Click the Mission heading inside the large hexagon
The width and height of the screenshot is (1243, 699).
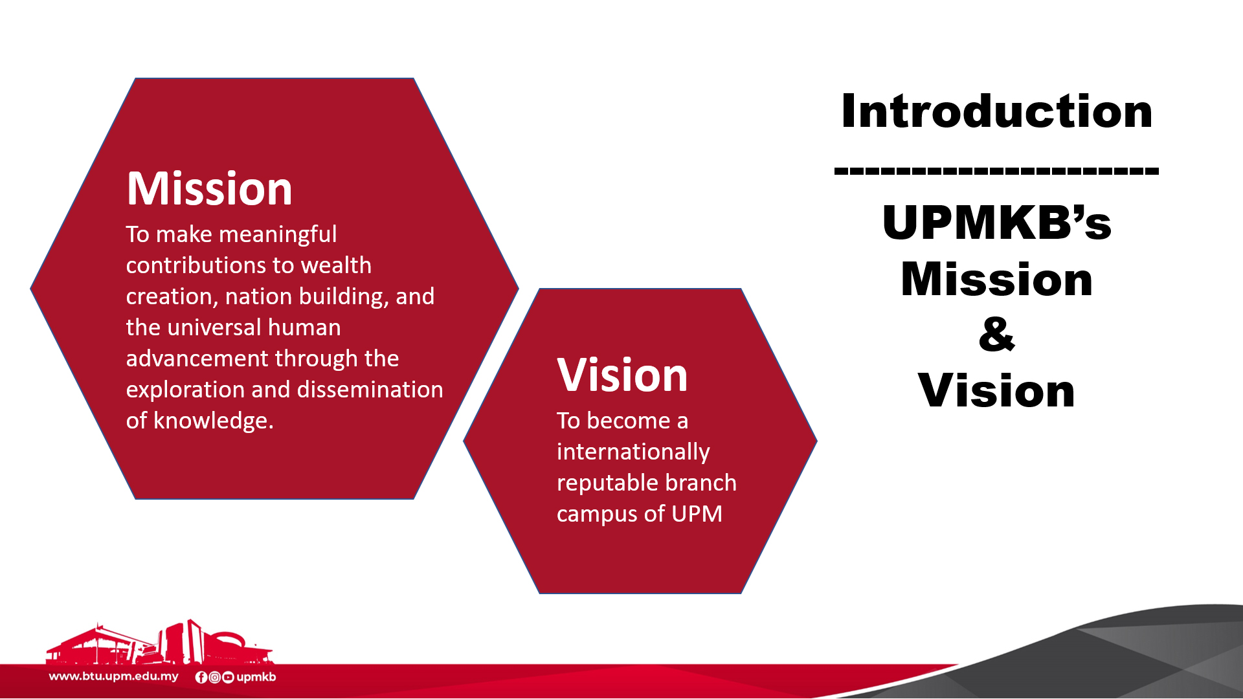click(209, 188)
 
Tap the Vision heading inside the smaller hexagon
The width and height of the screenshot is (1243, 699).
click(622, 375)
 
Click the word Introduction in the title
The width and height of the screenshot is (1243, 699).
click(996, 111)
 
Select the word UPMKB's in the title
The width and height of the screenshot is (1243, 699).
click(996, 222)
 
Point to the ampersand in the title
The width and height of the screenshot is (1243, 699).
click(997, 334)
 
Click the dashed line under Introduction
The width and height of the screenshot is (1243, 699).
click(996, 172)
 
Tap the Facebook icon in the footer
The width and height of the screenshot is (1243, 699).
click(201, 677)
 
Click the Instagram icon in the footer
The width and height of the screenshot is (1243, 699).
click(214, 677)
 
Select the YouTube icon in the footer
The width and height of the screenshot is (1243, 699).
click(228, 677)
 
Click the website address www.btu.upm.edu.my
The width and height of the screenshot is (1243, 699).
click(114, 676)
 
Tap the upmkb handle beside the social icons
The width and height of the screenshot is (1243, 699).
click(256, 677)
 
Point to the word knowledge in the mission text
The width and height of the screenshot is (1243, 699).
click(214, 421)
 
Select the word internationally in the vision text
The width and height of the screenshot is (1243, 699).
click(633, 452)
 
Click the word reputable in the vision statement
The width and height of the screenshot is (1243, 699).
click(607, 483)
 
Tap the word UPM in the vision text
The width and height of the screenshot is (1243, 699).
click(697, 514)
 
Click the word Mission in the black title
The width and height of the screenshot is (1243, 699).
click(996, 279)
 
